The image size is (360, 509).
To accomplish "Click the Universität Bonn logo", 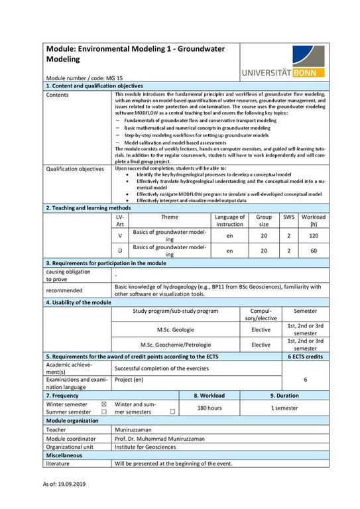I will (x=283, y=62).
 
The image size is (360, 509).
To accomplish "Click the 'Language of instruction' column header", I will (x=229, y=220).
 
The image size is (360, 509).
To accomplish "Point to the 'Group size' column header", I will (x=264, y=220).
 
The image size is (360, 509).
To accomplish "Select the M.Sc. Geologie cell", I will (x=176, y=329).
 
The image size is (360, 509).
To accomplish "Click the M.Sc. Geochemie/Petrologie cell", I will (x=176, y=345).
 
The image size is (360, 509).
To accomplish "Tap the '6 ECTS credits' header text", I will (x=305, y=356).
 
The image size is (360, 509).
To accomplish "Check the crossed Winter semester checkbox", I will (x=103, y=404).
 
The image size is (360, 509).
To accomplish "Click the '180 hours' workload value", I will (x=210, y=408).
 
